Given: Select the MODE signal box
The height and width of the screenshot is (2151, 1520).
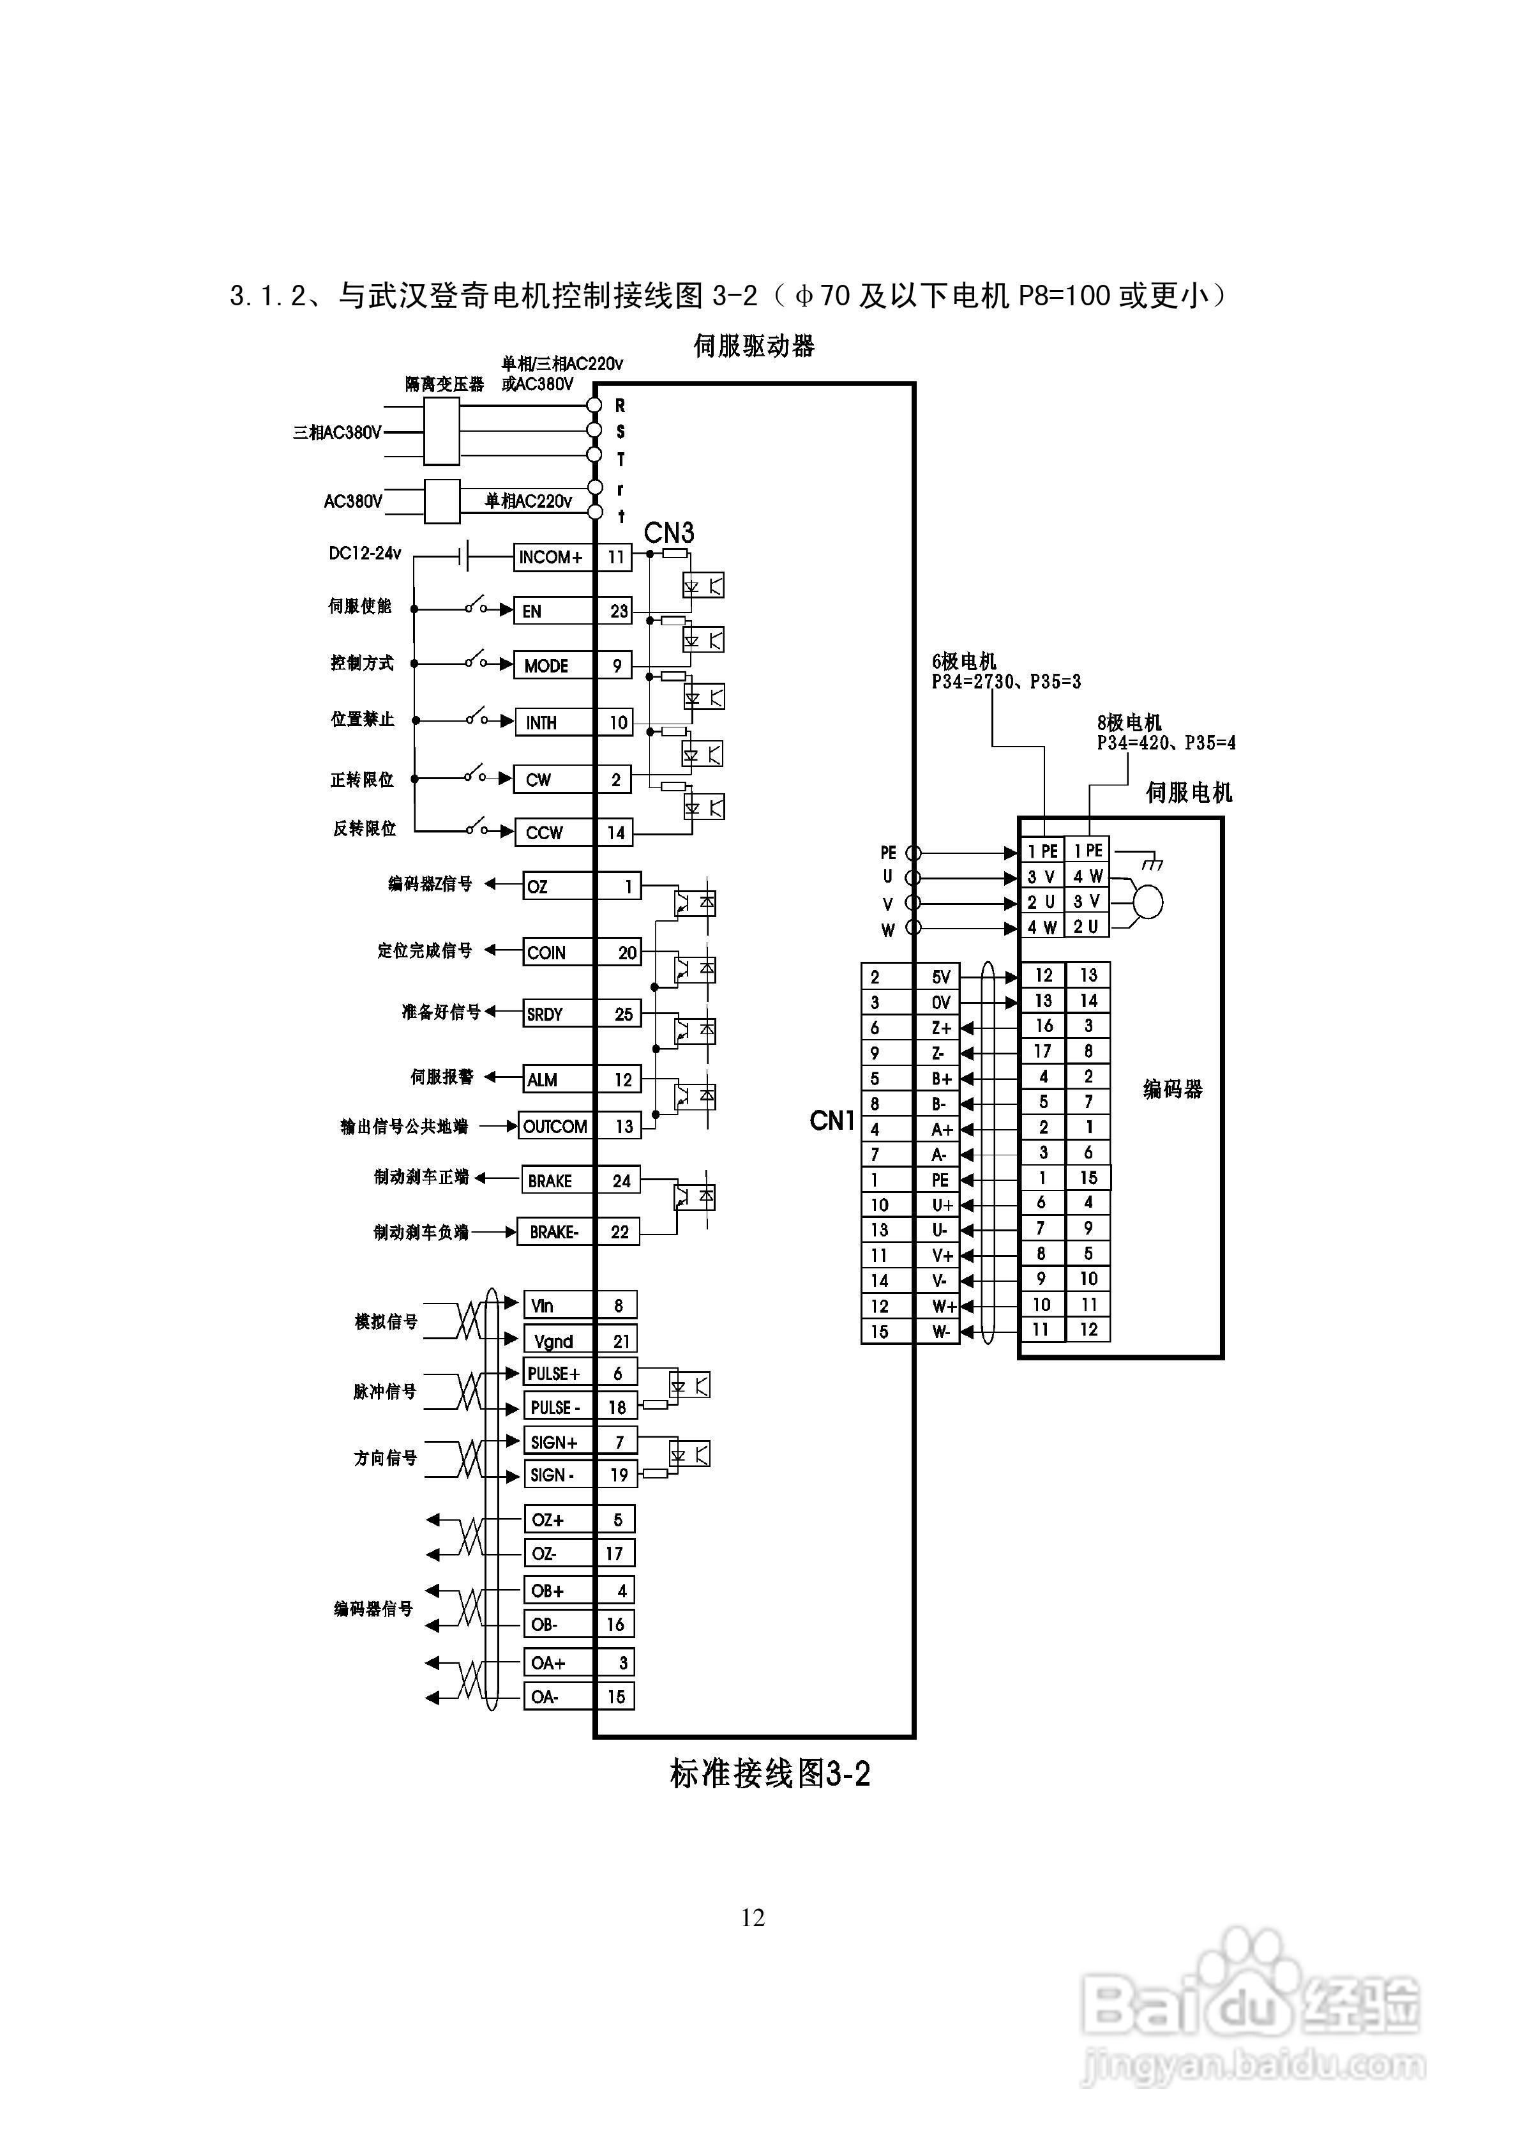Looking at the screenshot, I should tap(553, 666).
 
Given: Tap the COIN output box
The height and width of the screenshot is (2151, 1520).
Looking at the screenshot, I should tap(557, 953).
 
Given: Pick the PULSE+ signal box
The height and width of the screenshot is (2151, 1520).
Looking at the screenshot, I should tap(558, 1373).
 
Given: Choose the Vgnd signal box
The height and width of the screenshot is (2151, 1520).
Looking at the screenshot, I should tap(558, 1341).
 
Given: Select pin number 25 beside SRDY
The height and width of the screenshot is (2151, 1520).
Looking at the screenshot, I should tap(623, 1014).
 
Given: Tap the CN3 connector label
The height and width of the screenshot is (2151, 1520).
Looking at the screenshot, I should tap(668, 533).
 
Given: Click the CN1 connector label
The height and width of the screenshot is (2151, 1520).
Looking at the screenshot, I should tap(832, 1120).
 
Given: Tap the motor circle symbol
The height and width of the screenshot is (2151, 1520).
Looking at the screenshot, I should tap(1147, 902).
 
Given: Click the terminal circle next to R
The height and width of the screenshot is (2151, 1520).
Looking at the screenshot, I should tap(594, 405).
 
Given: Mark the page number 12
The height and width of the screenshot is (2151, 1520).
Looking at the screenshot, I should tap(753, 1918).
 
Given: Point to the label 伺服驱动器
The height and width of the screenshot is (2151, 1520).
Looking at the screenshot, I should tap(754, 347).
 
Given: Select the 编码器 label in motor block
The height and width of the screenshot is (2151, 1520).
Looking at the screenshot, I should tap(1173, 1089).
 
